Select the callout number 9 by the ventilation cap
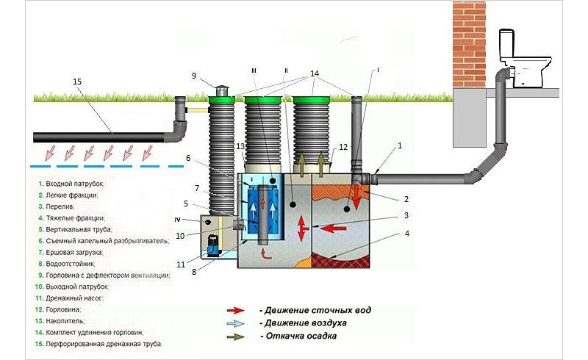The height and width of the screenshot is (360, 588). click(x=195, y=76)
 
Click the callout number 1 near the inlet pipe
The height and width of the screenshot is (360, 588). click(x=400, y=146)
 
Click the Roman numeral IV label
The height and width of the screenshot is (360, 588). click(x=187, y=218)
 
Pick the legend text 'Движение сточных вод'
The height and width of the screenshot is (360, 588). click(x=315, y=310)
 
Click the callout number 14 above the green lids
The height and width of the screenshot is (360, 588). click(x=315, y=73)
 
